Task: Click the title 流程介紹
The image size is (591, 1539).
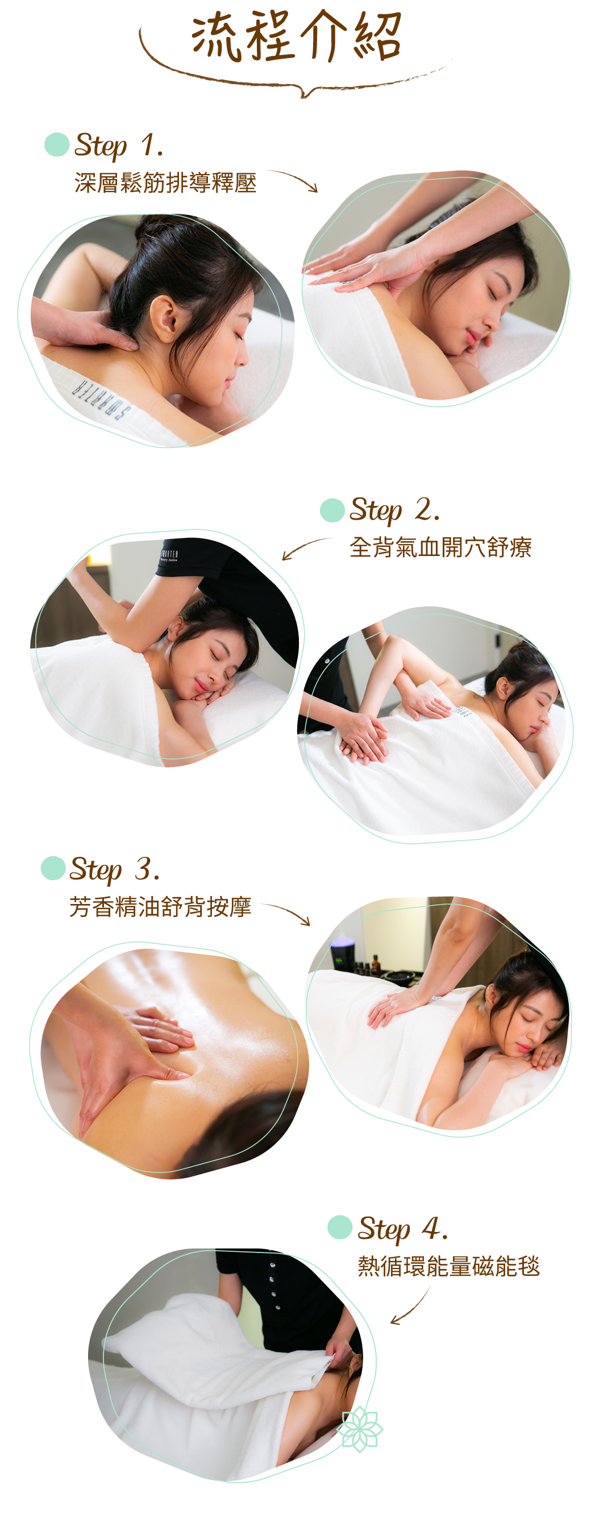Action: (x=296, y=37)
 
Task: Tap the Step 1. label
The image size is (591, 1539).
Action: (x=118, y=145)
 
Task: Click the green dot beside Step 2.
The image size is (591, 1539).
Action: (x=332, y=510)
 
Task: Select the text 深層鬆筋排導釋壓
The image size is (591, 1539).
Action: (x=165, y=183)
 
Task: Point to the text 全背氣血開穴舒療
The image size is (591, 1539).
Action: (x=440, y=547)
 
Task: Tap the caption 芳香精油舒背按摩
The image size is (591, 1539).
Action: (x=160, y=907)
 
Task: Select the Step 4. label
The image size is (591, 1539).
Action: (x=402, y=1229)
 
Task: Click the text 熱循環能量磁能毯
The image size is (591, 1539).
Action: (x=448, y=1266)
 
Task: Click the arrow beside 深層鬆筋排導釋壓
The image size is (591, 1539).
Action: (x=293, y=180)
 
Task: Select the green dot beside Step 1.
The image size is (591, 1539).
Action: (x=57, y=144)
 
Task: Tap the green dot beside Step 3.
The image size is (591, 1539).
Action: (x=53, y=868)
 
